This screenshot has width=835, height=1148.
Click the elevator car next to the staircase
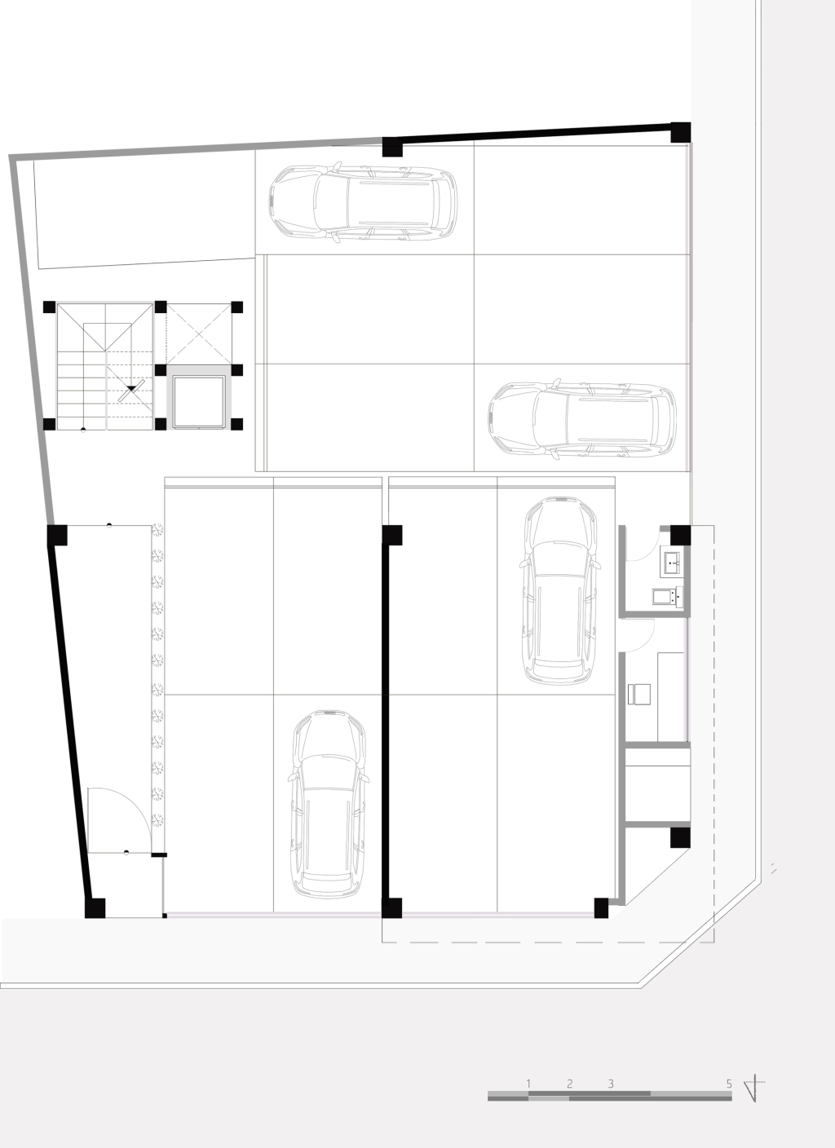point(199,402)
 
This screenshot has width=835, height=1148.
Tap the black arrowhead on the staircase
point(132,389)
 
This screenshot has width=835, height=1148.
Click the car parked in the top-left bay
point(364,202)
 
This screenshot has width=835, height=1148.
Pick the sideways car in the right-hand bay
point(582,419)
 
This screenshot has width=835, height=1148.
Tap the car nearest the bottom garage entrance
point(329,804)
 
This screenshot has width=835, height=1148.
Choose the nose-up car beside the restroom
point(561,590)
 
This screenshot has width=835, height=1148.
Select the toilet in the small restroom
point(668,597)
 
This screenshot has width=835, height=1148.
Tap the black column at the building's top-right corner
point(681,132)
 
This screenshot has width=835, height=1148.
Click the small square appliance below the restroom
point(639,695)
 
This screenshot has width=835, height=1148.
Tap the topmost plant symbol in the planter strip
point(157,529)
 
